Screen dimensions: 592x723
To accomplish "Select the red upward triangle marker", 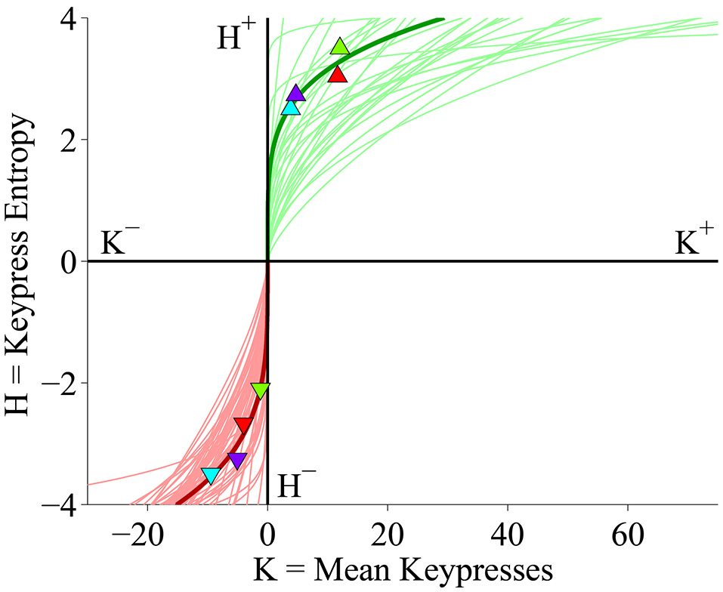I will [338, 74].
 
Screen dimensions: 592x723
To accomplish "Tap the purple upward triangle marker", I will [295, 94].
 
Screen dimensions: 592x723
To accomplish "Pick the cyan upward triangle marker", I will [291, 107].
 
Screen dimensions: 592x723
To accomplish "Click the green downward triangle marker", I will [260, 390].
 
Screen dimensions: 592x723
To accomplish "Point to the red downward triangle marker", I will [243, 425].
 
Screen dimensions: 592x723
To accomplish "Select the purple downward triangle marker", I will [237, 460].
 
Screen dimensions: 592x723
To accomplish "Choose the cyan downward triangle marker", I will [211, 475].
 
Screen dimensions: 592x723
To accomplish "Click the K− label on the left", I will [119, 243].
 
